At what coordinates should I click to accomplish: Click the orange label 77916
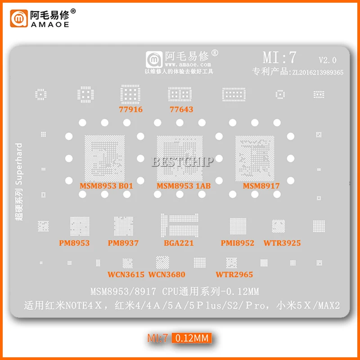click(x=130, y=109)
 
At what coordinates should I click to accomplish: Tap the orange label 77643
click(x=181, y=109)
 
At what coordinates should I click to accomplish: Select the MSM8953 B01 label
click(x=106, y=185)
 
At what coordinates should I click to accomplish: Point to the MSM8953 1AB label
click(x=184, y=185)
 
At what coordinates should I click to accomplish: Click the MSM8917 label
click(x=261, y=185)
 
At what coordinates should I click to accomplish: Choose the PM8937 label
click(x=123, y=243)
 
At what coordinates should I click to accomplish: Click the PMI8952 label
click(x=237, y=243)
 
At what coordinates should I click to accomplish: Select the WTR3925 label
click(x=282, y=243)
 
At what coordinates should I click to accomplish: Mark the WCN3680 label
click(x=166, y=274)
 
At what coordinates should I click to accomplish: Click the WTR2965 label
click(x=234, y=274)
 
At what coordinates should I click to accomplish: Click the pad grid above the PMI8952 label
click(x=238, y=226)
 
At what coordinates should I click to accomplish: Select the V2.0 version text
click(x=327, y=59)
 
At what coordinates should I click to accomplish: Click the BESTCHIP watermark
click(x=182, y=162)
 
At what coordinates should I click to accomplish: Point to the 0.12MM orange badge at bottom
click(x=193, y=338)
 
